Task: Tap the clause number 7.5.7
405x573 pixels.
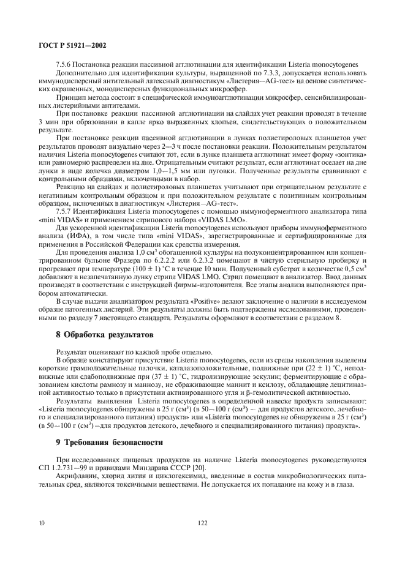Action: coord(63,212)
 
